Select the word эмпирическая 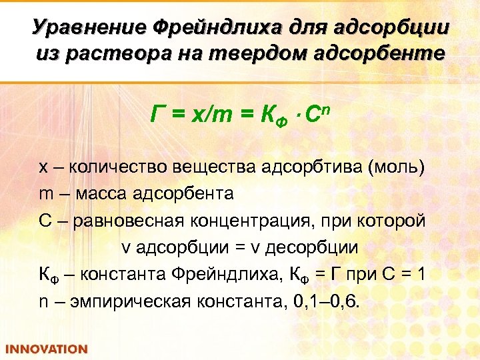pos(133,300)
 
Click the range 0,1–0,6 pos(326,300)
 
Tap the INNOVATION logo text pos(47,349)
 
